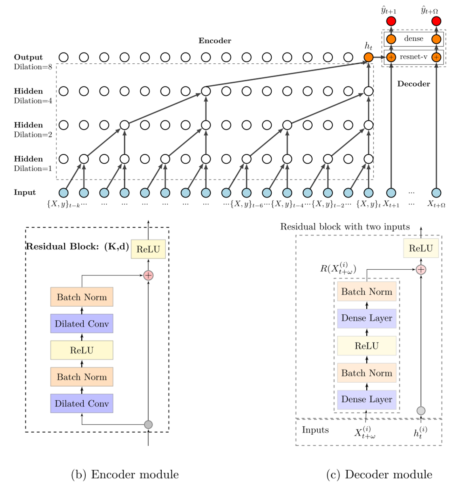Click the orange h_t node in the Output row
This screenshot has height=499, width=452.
click(368, 57)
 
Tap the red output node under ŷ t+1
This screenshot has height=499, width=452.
click(391, 21)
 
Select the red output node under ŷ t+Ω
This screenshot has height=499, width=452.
click(436, 21)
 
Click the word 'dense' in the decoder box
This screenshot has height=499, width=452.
click(414, 38)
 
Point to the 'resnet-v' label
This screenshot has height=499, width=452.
click(414, 57)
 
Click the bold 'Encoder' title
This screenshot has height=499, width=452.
click(215, 40)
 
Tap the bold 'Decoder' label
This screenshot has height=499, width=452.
click(414, 84)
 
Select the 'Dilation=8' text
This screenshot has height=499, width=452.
click(33, 67)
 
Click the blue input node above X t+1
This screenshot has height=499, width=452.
click(391, 193)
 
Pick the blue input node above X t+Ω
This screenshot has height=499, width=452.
click(436, 193)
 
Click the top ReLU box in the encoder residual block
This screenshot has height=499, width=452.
click(148, 249)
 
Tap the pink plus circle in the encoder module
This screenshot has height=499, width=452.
click(148, 275)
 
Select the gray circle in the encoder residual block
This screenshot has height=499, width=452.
click(148, 425)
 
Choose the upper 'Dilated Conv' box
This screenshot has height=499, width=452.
click(82, 324)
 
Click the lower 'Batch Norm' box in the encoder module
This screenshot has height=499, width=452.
click(82, 376)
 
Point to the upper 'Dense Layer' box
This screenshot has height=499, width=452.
click(367, 318)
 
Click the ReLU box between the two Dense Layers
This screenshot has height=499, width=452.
click(367, 345)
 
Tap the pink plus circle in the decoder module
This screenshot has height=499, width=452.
click(421, 269)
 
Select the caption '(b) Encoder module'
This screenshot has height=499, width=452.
click(125, 475)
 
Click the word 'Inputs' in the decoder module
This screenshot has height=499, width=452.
click(315, 430)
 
